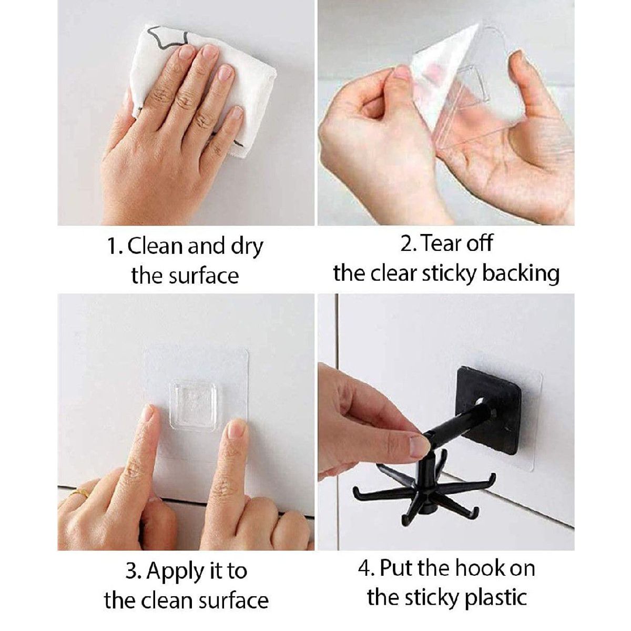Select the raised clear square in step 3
196,405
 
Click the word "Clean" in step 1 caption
155,246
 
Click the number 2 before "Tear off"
406,244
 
